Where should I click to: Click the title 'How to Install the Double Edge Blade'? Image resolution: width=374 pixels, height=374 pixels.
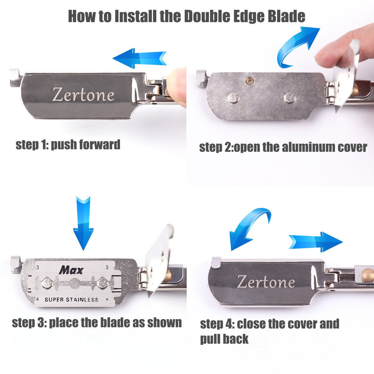coord(186,16)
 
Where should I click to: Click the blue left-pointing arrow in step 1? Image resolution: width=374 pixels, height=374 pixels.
coord(139,58)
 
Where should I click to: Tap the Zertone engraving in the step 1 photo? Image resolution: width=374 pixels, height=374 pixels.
coord(83,94)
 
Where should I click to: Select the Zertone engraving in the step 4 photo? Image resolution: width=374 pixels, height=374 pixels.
coord(266,282)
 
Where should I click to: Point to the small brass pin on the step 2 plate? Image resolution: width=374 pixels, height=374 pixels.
coord(249,81)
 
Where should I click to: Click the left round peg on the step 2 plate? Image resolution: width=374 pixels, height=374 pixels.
coord(233,98)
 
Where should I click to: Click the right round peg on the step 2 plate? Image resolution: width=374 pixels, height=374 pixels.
coord(290,98)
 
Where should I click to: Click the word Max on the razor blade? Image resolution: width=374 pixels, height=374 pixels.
coord(71,270)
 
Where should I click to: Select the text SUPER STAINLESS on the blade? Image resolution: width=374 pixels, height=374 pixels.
coord(71,300)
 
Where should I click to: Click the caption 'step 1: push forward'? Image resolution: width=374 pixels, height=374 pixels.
coord(68,145)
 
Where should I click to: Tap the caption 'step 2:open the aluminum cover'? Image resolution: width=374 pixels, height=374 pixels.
coord(283,147)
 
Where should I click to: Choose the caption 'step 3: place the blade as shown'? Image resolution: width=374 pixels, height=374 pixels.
coord(97,323)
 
